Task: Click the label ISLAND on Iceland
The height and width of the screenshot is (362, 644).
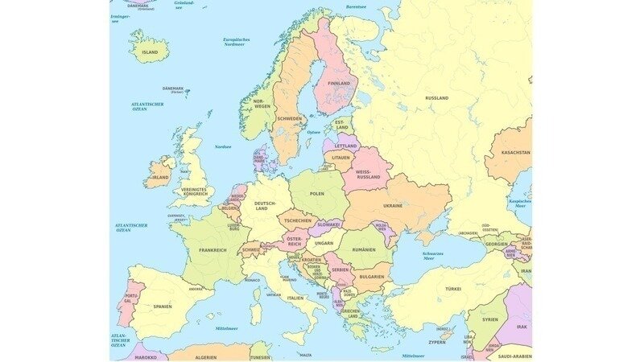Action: click(x=150, y=51)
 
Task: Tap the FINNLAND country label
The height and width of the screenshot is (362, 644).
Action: click(x=339, y=83)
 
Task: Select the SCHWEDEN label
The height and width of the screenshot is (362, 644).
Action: click(x=290, y=118)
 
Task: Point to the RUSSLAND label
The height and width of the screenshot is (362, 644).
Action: click(x=436, y=97)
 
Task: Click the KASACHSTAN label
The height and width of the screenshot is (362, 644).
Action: click(x=515, y=152)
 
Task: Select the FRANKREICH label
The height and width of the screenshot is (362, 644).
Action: click(x=213, y=250)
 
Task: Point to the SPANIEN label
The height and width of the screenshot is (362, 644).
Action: click(x=163, y=306)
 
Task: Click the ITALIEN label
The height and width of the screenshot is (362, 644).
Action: click(x=295, y=298)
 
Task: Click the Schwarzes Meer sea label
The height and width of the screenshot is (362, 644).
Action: click(x=434, y=256)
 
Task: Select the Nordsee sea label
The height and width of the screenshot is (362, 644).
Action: click(x=223, y=146)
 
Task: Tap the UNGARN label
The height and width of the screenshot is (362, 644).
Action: click(x=324, y=241)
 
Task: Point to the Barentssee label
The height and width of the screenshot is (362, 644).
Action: click(x=356, y=6)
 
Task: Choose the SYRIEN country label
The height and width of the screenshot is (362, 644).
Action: click(x=491, y=319)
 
